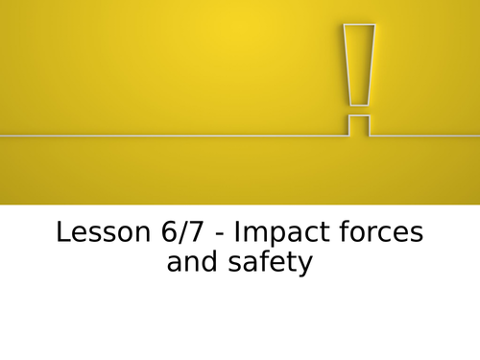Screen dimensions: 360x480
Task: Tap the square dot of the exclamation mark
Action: pyautogui.click(x=359, y=125)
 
